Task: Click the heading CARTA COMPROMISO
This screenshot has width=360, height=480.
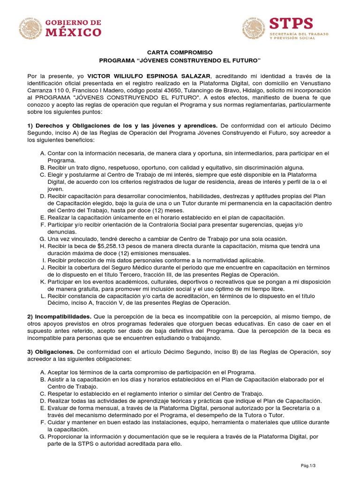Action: [x=180, y=52]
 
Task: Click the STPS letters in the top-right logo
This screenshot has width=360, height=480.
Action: [x=291, y=23]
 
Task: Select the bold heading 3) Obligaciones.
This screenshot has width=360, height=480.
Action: [x=51, y=352]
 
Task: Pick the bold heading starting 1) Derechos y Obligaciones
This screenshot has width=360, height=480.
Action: [x=122, y=126]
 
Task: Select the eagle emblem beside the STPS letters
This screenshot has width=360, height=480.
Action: [x=254, y=28]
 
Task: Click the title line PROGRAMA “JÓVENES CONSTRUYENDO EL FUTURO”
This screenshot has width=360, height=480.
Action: [x=180, y=61]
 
